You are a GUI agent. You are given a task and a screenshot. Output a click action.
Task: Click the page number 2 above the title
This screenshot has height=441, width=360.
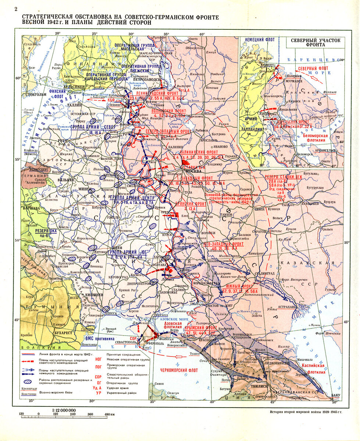tap(15, 10)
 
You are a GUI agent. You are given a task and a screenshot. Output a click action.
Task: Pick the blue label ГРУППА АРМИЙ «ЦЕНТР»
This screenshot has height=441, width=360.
tap(133, 198)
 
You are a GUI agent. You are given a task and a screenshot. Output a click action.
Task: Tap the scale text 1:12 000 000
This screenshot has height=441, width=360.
tap(62, 410)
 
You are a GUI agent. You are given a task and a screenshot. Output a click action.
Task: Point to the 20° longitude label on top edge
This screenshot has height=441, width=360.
tap(57, 34)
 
